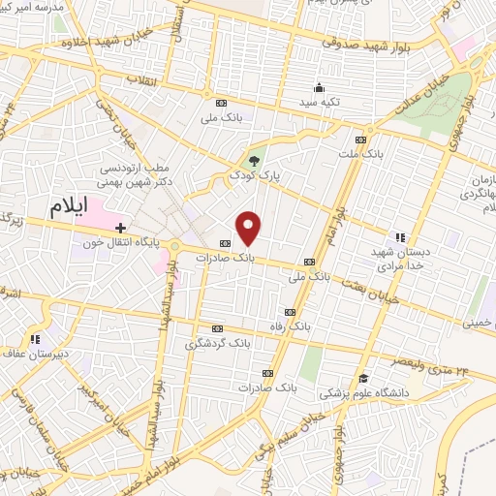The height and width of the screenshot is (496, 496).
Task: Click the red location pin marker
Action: [249, 229]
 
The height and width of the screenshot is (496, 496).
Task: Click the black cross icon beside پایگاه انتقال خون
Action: [120, 227]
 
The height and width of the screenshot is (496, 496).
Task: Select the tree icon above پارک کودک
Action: [254, 161]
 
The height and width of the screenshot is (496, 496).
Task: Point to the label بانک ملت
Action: [360, 153]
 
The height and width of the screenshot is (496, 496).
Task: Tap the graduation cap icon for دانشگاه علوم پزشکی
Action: [363, 378]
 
